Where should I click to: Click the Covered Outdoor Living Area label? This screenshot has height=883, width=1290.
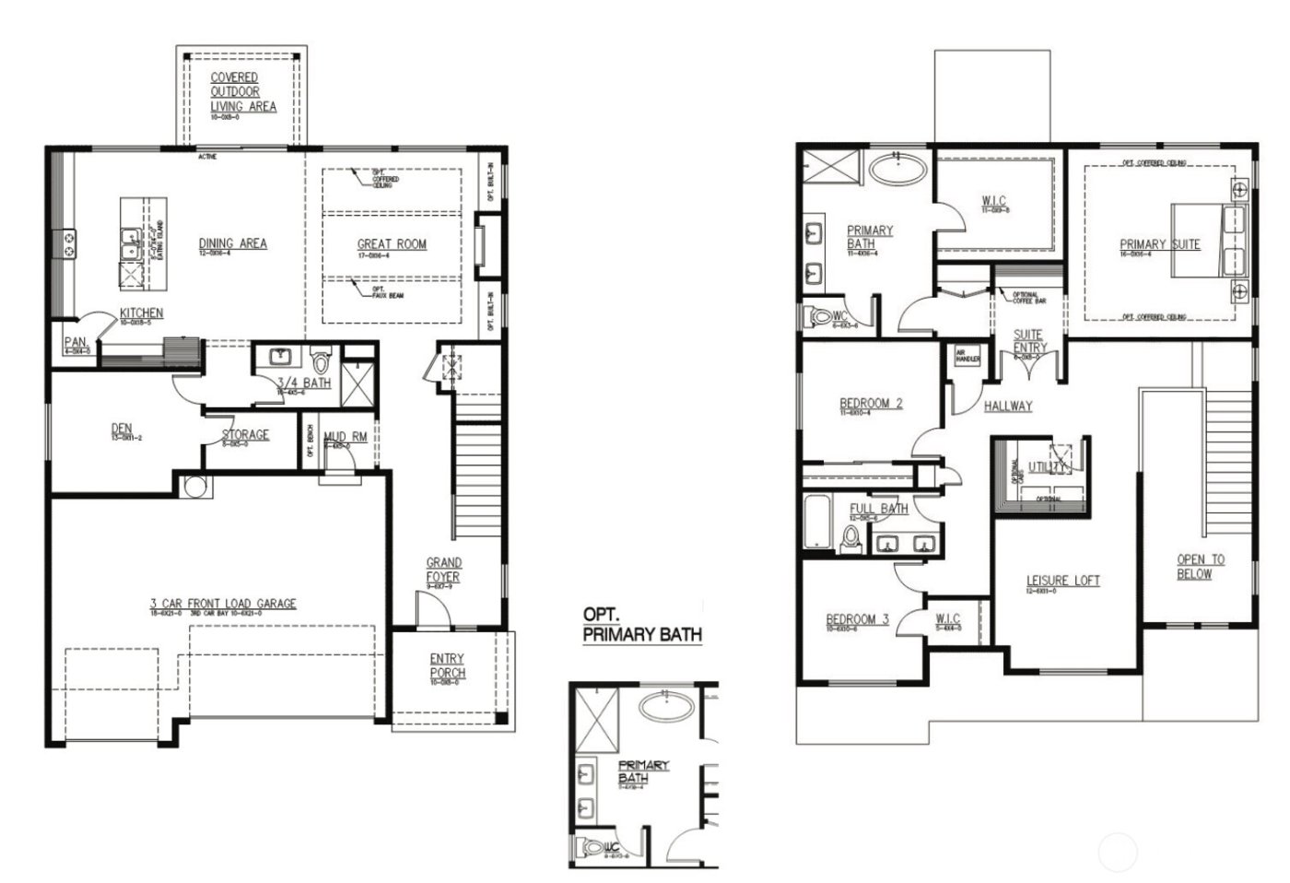pos(242,92)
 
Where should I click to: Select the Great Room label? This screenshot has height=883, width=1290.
pos(392,244)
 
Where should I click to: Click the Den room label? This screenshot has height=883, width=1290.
pos(122,428)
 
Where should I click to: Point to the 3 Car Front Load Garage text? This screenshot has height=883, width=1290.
pos(223,604)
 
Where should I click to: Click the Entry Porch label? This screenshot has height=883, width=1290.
pos(447,665)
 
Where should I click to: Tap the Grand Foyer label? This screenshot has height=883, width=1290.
pos(443,570)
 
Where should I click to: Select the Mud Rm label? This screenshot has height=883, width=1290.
pos(346,436)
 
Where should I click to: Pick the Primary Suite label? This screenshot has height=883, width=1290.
pos(1159,244)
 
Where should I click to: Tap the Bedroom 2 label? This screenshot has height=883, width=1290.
pos(871,403)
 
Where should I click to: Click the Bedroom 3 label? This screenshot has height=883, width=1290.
pos(857,618)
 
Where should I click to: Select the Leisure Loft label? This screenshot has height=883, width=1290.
pos(1063,581)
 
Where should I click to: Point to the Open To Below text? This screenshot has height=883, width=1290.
pos(1201,566)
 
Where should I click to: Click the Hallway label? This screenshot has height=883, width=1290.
pos(1007,406)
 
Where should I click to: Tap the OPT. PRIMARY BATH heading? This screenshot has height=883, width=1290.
pos(642,624)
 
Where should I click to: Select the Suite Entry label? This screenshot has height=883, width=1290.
pos(1028,341)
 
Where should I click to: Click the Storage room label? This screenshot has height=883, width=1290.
pos(245,435)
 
